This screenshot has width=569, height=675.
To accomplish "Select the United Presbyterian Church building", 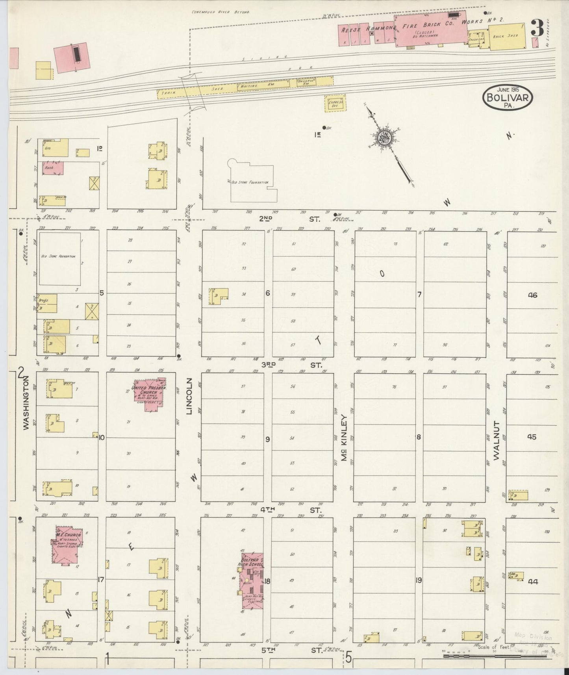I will pos(150,394).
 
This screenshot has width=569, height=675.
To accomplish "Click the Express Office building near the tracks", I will pos(335,103).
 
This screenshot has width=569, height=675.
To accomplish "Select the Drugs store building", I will pos(46,303).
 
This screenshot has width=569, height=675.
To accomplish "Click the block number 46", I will pos(532,295).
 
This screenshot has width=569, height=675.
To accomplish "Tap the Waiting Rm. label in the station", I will pos(257,85).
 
